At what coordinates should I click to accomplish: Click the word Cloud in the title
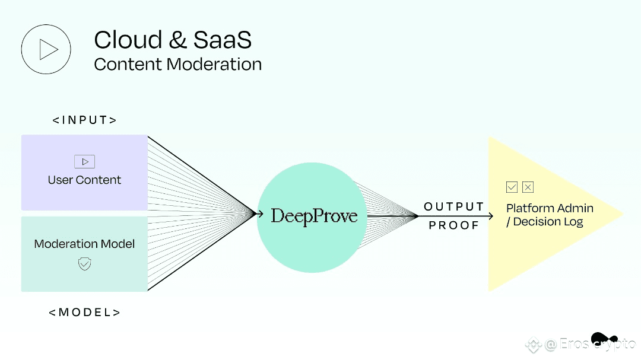point(128,40)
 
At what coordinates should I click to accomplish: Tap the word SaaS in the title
point(222,40)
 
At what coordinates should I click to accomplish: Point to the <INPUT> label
point(85,120)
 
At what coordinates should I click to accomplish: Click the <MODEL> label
point(85,313)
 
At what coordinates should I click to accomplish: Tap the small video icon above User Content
point(85,162)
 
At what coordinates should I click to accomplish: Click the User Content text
point(84,180)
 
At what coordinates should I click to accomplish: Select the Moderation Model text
point(84,244)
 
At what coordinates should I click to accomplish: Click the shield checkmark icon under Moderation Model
point(85,264)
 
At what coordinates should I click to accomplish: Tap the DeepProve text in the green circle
point(314,216)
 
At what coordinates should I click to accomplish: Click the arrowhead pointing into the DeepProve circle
point(259,214)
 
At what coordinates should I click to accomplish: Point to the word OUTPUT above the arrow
point(454,207)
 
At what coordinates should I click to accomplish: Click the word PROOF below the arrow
point(454,225)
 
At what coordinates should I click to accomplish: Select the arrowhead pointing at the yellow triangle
point(490,216)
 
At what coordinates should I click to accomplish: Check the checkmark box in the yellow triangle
point(512,187)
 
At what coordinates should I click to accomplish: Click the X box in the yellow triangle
point(528,187)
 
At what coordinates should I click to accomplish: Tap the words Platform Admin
point(550,208)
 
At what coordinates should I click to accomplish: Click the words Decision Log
point(548,222)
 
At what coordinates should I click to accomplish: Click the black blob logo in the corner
point(604,338)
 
